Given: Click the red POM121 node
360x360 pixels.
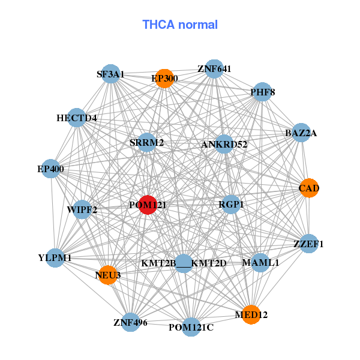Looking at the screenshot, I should (148, 205).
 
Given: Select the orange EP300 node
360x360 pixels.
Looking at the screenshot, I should (164, 79).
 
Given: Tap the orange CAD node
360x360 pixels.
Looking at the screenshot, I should (308, 188).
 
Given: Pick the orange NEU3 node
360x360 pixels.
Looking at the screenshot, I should (107, 275).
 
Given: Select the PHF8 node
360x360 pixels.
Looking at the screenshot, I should (262, 92).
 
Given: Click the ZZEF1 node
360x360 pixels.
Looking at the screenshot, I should (308, 244).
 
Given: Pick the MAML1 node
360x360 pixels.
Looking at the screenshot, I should (260, 263).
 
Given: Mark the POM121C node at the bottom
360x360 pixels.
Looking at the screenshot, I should (191, 327).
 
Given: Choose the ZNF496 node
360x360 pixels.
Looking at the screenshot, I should (130, 322).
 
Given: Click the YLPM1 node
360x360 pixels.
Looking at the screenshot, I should (55, 258).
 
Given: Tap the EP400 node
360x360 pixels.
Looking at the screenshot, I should (51, 169).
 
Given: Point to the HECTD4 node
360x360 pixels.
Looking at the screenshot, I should (77, 118).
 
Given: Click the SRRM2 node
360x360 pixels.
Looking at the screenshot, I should (146, 143).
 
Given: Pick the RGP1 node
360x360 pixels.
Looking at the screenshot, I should (231, 205).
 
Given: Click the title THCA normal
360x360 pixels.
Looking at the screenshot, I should (180, 25).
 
